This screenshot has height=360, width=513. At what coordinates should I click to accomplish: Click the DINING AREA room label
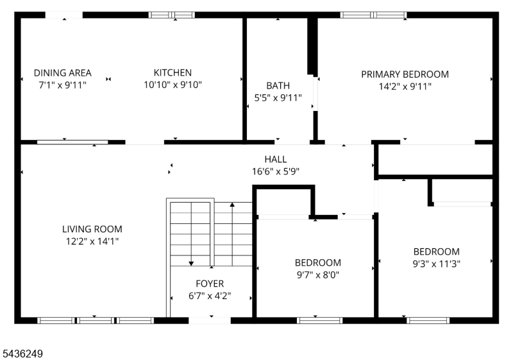pyautogui.click(x=62, y=73)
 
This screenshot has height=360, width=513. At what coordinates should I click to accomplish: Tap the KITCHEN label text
pyautogui.click(x=172, y=73)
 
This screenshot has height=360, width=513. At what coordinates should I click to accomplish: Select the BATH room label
pyautogui.click(x=278, y=85)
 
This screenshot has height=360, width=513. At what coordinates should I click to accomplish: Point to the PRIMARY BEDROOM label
pyautogui.click(x=405, y=74)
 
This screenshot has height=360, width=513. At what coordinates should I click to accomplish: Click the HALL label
pyautogui.click(x=276, y=159)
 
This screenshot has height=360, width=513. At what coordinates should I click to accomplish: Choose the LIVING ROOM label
pyautogui.click(x=92, y=228)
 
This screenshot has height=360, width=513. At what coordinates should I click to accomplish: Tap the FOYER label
pyautogui.click(x=210, y=284)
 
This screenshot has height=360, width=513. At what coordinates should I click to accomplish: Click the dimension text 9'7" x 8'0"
pyautogui.click(x=317, y=275)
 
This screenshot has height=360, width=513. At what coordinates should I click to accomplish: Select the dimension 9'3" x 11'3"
pyautogui.click(x=436, y=264)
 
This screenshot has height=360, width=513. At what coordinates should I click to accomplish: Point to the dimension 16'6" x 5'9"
pyautogui.click(x=276, y=171)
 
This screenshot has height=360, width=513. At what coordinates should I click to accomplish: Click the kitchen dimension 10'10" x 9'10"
pyautogui.click(x=172, y=85)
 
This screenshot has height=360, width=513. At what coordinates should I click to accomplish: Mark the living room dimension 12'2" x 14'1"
pyautogui.click(x=92, y=241)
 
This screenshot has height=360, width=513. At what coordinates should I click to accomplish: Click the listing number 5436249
pyautogui.click(x=22, y=354)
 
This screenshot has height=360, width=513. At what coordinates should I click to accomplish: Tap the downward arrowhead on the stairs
pyautogui.click(x=191, y=264)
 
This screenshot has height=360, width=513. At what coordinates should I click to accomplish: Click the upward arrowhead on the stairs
pyautogui.click(x=232, y=205)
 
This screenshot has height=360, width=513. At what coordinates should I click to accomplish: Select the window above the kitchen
pyautogui.click(x=172, y=15)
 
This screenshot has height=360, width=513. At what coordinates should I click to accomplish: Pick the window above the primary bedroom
pyautogui.click(x=373, y=15)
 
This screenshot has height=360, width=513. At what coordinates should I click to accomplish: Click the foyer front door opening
pyautogui.click(x=210, y=320)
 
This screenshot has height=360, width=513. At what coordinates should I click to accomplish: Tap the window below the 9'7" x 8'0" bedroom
pyautogui.click(x=319, y=320)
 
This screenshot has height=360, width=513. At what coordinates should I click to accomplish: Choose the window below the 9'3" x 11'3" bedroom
pyautogui.click(x=428, y=320)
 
